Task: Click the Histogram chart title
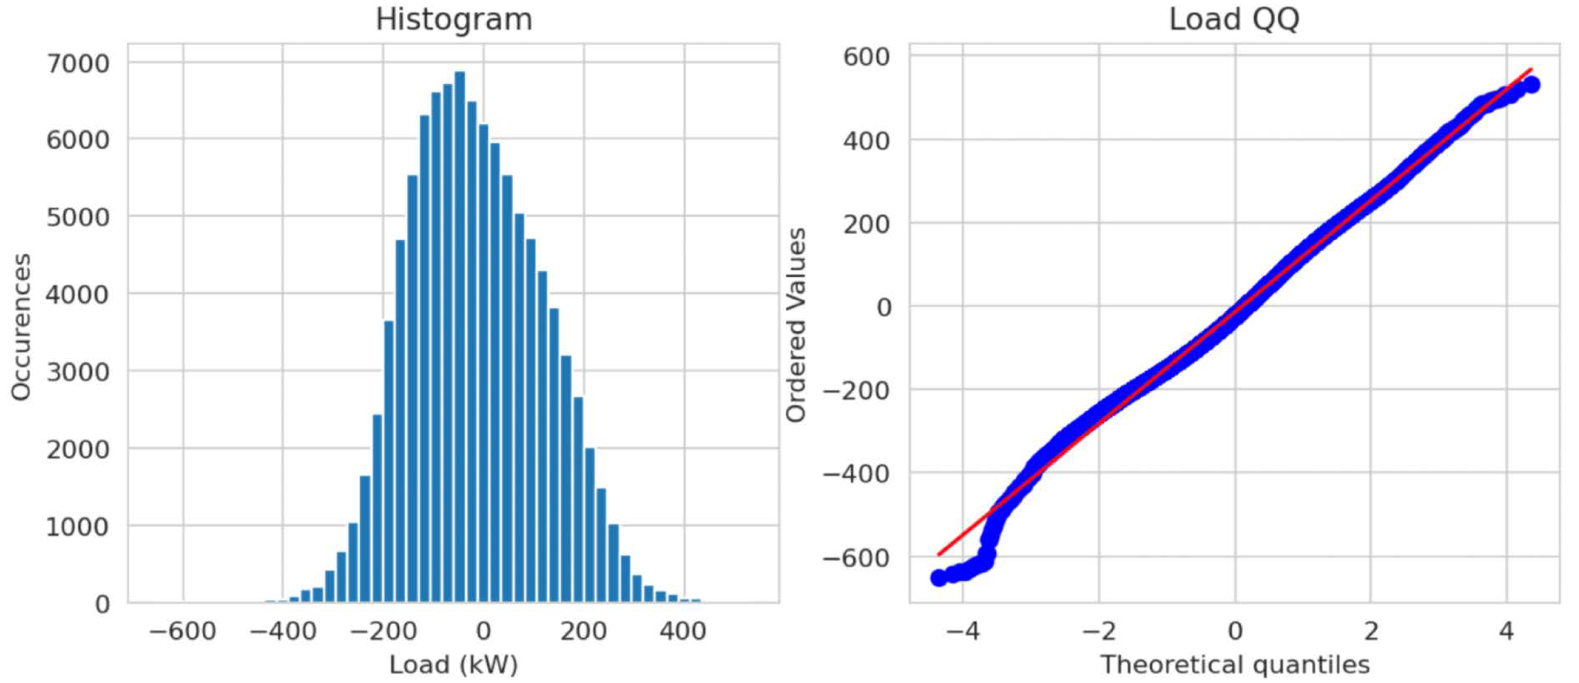454,20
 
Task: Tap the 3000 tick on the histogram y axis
78,372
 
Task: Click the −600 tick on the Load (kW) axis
183,631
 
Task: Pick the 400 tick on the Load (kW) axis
683,631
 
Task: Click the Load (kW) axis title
454,665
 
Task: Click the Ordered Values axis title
796,325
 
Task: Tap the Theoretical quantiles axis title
1234,665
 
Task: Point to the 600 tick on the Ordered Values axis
866,57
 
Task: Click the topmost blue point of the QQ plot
1530,85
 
